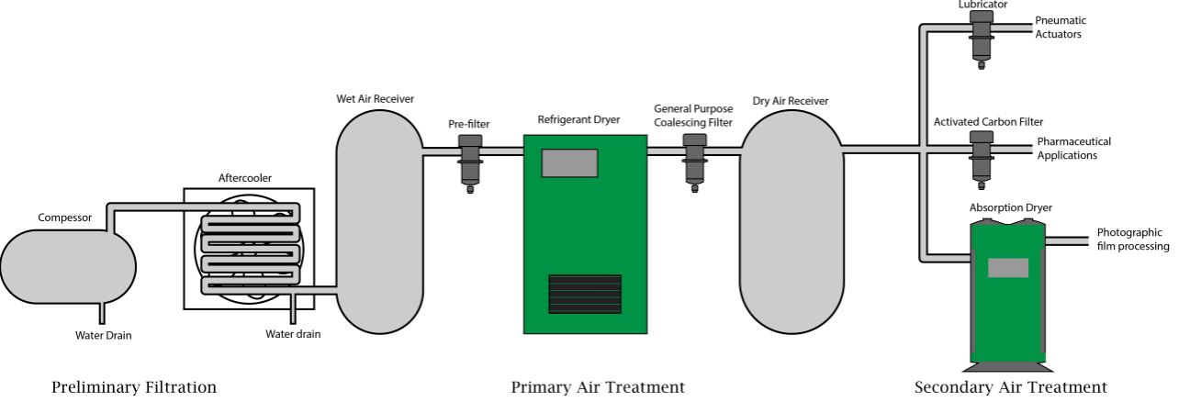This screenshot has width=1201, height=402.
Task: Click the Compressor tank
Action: [68, 267]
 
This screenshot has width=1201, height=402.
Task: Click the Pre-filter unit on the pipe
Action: [470, 159]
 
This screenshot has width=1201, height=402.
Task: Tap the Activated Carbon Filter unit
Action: [982, 155]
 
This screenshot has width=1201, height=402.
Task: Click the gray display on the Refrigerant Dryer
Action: [569, 163]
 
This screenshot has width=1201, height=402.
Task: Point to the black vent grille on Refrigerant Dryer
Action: [584, 294]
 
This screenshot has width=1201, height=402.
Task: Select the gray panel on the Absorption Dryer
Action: [1007, 268]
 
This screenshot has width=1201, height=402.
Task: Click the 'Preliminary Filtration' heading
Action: [134, 387]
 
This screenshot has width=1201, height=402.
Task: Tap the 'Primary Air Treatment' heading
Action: [598, 387]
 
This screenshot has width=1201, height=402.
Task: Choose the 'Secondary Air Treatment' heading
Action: [1010, 387]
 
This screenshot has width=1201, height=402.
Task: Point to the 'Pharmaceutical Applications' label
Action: [1072, 149]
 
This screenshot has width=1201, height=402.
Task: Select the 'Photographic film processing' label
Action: [1132, 240]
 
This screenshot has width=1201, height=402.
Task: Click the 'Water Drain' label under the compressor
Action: [103, 336]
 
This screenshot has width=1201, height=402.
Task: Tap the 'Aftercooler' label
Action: [244, 178]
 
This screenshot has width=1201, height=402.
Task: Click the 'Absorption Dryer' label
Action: [1010, 208]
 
